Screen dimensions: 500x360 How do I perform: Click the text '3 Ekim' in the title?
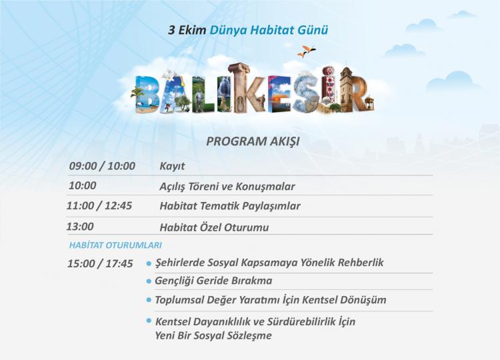click(187, 30)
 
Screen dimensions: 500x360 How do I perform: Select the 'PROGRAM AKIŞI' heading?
click(253, 141)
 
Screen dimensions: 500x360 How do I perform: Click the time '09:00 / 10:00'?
click(102, 166)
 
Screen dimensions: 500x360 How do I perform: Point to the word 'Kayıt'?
click(172, 167)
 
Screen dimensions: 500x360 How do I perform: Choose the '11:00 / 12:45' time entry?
click(99, 206)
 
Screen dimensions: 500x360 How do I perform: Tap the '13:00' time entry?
click(80, 227)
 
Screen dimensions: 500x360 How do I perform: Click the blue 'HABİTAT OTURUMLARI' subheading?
click(115, 245)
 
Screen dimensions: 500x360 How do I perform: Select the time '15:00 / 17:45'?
click(100, 264)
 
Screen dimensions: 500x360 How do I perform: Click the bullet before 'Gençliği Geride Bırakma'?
click(149, 281)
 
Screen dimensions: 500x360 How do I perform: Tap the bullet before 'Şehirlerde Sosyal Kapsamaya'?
click(149, 264)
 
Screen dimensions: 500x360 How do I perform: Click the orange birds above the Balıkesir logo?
click(307, 51)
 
